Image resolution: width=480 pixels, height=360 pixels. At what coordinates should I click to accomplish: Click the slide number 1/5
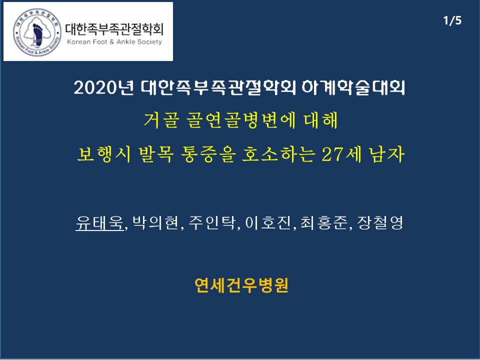pyautogui.click(x=452, y=20)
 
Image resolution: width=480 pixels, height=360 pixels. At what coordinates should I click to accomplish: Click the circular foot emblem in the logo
pyautogui.click(x=37, y=32)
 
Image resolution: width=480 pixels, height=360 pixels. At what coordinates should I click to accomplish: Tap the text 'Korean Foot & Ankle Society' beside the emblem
pyautogui.click(x=114, y=42)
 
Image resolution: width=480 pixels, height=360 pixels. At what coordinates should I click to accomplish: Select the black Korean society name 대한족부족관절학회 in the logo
pyautogui.click(x=114, y=29)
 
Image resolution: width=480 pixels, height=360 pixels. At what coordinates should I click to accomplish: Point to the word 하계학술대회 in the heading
pyautogui.click(x=353, y=88)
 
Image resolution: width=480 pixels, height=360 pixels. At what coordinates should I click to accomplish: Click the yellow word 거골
pyautogui.click(x=160, y=120)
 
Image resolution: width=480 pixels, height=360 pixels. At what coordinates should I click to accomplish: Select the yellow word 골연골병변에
pyautogui.click(x=241, y=120)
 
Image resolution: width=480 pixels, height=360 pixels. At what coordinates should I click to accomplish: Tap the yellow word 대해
pyautogui.click(x=321, y=120)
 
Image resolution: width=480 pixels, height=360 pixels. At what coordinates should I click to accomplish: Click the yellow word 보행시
pyautogui.click(x=104, y=153)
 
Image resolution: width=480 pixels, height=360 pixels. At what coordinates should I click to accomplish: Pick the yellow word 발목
pyautogui.click(x=156, y=153)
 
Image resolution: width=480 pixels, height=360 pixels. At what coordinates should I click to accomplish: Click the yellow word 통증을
pyautogui.click(x=207, y=153)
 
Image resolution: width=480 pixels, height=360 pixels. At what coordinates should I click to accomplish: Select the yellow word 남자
pyautogui.click(x=387, y=153)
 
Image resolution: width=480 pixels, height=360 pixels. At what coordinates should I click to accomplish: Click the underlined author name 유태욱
pyautogui.click(x=99, y=222)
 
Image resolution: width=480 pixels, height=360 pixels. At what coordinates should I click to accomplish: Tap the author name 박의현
pyautogui.click(x=156, y=222)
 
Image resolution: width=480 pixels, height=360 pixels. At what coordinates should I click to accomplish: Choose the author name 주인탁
pyautogui.click(x=212, y=222)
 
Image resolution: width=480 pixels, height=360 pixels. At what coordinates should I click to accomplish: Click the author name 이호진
pyautogui.click(x=268, y=222)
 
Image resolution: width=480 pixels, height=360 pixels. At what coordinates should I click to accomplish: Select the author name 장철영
pyautogui.click(x=380, y=222)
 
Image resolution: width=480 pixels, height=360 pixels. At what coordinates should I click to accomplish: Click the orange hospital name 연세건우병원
pyautogui.click(x=241, y=285)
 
